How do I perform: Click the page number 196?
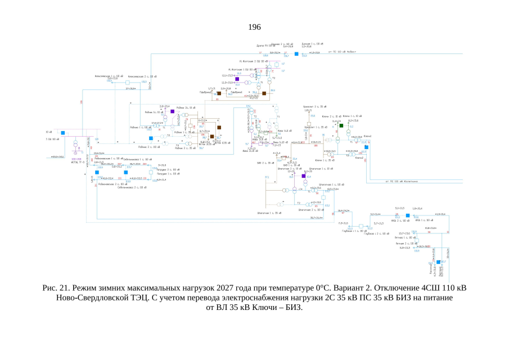pos(254,27)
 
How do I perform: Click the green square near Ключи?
pos(341,126)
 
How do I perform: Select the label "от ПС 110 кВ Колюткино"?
pos(400,182)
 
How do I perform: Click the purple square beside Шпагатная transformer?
pos(303,177)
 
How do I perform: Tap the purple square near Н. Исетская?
pos(237,79)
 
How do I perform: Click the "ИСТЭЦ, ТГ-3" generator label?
pos(76,162)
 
